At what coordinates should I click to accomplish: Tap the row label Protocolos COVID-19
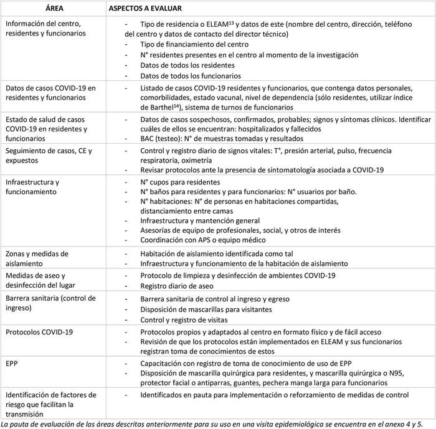(39, 332)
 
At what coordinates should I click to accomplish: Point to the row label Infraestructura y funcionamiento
(32, 187)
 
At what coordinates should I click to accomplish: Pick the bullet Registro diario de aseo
(176, 285)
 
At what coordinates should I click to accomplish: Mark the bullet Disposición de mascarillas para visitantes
(206, 309)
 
